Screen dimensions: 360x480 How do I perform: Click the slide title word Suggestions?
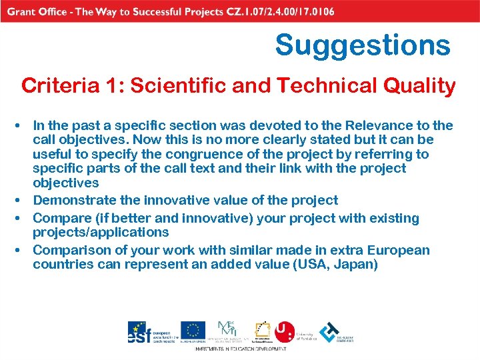coord(363,45)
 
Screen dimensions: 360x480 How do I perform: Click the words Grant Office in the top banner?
coord(41,11)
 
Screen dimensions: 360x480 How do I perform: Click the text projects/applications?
coord(101,232)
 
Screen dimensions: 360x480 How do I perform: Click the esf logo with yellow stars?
coord(141,332)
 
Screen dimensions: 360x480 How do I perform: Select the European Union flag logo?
coord(193,331)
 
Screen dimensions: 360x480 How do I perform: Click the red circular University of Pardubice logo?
coord(285,331)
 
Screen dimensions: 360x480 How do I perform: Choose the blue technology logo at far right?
coord(329,332)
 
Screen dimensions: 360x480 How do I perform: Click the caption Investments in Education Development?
coord(240,349)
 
